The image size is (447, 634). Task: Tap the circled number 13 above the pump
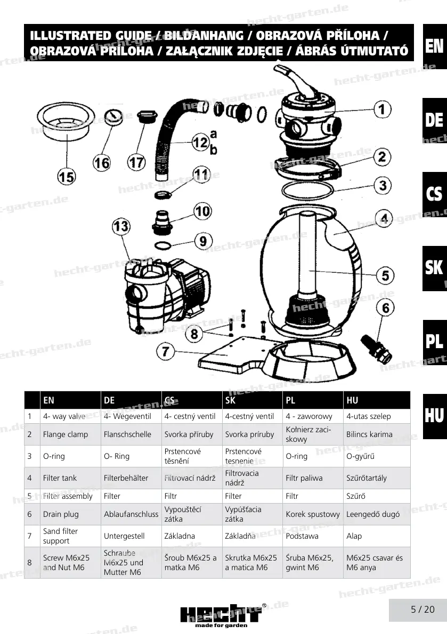[x=121, y=226]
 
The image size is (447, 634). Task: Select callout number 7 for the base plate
[x=166, y=351]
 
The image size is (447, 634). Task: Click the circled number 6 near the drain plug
[x=387, y=307]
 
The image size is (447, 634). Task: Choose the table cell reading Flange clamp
[x=66, y=434]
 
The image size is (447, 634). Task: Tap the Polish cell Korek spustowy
[x=313, y=514]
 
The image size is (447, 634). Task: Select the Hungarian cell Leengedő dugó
[x=373, y=514]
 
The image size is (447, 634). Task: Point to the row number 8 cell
[x=30, y=562]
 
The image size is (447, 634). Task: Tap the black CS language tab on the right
[x=435, y=194]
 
